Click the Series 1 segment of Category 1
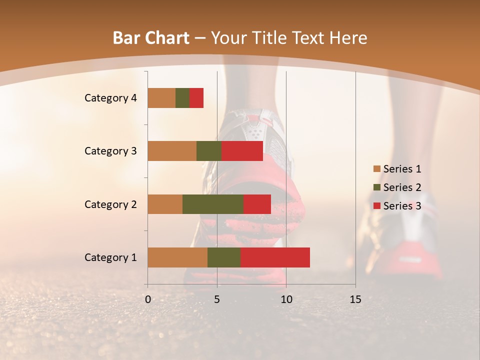pos(177,257)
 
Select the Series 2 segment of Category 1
pos(224,257)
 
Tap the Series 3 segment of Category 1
pos(275,257)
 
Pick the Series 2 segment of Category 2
pos(213,204)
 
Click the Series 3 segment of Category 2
pos(257,204)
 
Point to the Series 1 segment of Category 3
pos(172,151)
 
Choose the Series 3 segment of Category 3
pos(242,151)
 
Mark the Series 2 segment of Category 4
pos(182,98)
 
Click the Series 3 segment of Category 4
pos(196,98)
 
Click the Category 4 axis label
pos(110,98)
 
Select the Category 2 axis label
pos(110,204)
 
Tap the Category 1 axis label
pos(110,257)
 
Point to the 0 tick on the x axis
pos(148,299)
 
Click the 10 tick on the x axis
pos(286,299)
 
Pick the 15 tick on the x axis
pos(355,299)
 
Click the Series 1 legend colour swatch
pos(377,169)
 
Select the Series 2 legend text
pos(402,187)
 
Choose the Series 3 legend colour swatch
pos(377,206)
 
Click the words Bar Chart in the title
pos(151,38)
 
